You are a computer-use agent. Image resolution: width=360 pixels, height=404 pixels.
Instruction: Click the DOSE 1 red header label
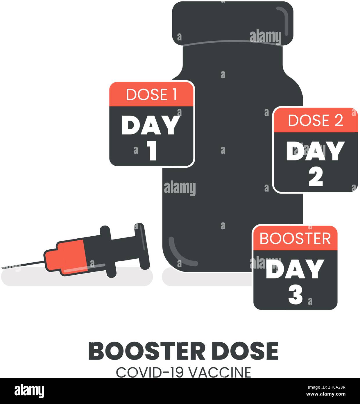151,94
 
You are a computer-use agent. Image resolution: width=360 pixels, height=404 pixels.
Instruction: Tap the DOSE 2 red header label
316,120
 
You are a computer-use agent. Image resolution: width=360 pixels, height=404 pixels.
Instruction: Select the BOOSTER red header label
295,238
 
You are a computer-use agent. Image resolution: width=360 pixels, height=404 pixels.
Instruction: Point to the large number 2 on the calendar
316,177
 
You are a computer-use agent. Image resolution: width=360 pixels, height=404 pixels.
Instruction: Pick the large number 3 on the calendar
295,296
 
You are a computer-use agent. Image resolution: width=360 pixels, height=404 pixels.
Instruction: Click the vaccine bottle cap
232,23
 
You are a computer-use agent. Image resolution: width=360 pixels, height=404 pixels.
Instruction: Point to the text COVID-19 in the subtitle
150,372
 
